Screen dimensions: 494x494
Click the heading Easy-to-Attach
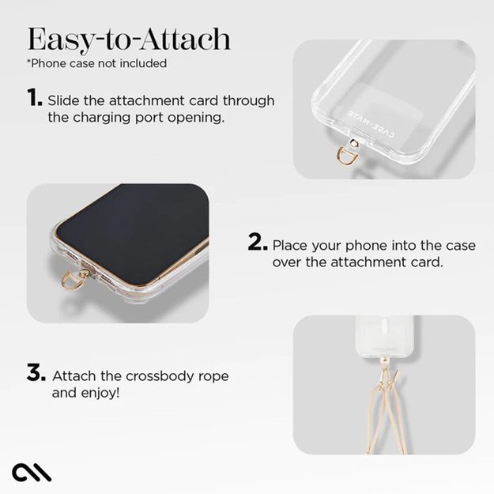(x=129, y=39)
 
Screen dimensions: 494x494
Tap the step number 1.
(x=34, y=98)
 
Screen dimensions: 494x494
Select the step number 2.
(x=257, y=243)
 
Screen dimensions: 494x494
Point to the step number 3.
(x=36, y=373)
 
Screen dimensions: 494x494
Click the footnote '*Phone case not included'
(x=96, y=63)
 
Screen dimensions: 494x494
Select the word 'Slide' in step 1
(x=64, y=101)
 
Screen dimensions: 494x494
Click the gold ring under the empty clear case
(x=347, y=155)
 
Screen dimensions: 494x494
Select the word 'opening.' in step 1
(x=199, y=118)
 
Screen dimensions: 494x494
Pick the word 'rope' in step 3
(x=209, y=375)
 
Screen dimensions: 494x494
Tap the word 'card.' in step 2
(x=426, y=262)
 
